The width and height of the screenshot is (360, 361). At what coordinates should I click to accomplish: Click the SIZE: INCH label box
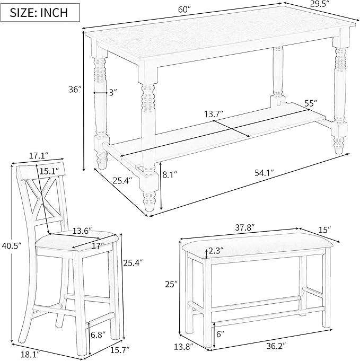tap(37, 12)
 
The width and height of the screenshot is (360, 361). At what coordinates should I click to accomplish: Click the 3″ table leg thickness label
tap(112, 92)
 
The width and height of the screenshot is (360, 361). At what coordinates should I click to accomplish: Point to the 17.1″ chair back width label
tap(38, 155)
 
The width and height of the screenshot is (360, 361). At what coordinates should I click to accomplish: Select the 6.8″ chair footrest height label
tap(98, 334)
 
